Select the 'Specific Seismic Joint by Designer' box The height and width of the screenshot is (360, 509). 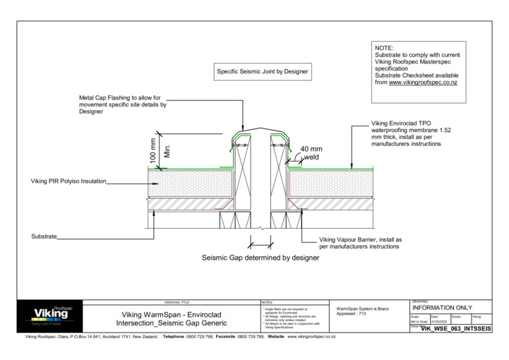[x=263, y=71]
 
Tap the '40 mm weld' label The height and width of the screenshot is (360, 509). [x=310, y=153]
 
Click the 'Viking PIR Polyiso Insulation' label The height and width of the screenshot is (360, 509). [x=68, y=181]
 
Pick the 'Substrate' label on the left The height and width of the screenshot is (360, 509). [x=44, y=236]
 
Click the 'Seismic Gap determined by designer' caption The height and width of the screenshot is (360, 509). [x=261, y=258]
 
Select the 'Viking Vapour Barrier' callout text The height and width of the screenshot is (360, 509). [x=360, y=244]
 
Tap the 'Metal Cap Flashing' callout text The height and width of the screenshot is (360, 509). [x=122, y=104]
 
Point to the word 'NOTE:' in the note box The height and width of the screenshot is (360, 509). [x=385, y=48]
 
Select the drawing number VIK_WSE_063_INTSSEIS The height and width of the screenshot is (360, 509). [x=456, y=329]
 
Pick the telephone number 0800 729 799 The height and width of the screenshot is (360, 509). [x=200, y=337]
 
